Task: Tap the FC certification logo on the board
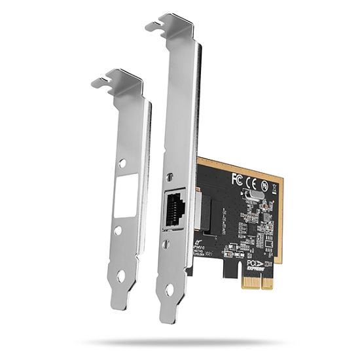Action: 238,177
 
